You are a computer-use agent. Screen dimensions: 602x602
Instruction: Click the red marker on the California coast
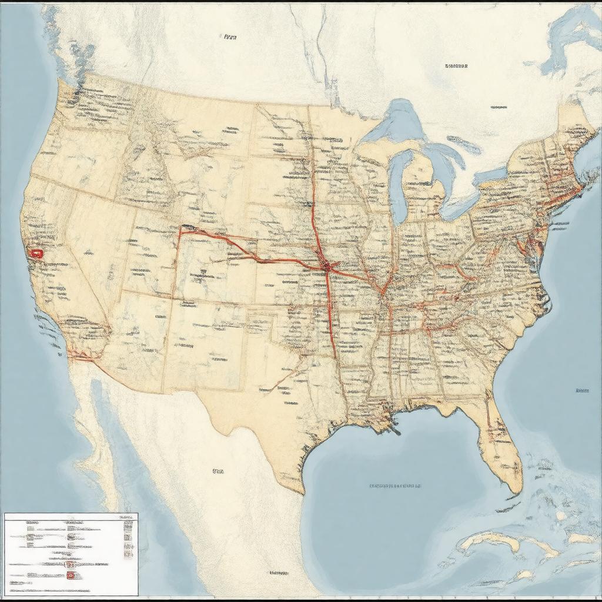coord(37,254)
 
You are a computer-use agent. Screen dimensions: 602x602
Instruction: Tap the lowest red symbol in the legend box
coord(71,574)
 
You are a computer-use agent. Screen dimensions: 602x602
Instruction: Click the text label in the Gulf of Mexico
coord(395,486)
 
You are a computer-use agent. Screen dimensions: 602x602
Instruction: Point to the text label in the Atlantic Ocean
coord(582,390)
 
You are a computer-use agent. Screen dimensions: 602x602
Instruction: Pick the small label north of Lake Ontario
coord(499,108)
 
